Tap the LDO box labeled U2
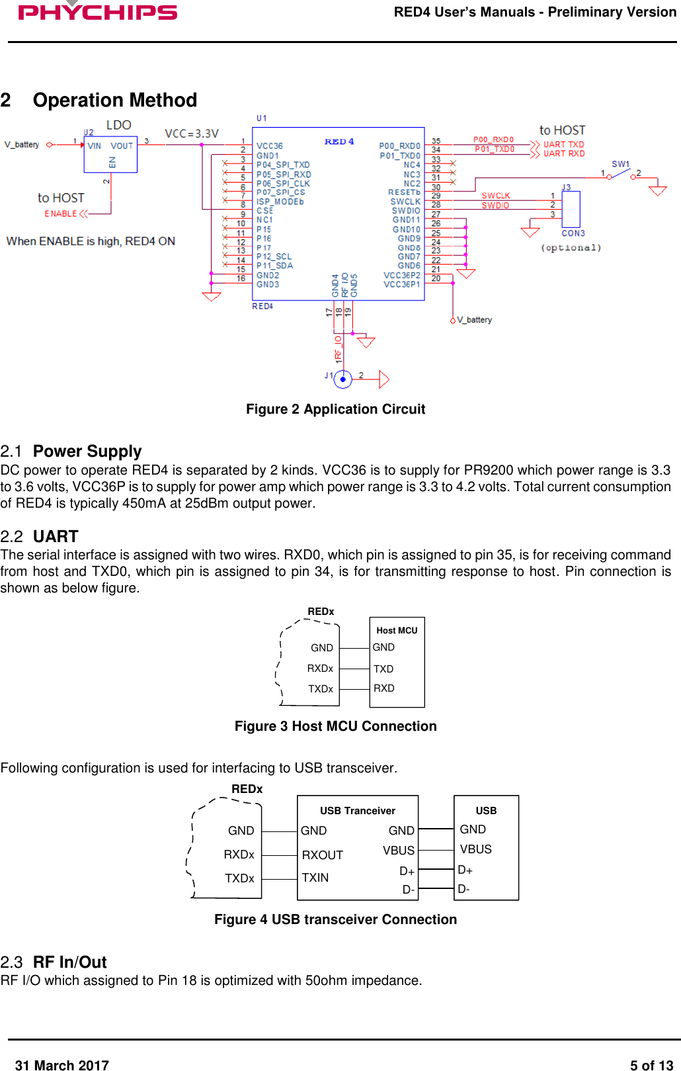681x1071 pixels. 110,154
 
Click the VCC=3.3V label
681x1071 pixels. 191,134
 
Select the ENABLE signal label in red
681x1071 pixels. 61,214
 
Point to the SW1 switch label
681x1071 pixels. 620,164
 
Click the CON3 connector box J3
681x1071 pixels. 571,209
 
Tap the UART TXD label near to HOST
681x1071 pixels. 563,144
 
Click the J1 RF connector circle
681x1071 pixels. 342,379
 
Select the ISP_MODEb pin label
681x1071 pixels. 280,202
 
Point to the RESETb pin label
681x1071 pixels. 404,193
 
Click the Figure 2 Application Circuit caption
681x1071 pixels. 335,409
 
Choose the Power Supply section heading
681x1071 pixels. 87,451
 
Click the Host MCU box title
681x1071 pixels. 397,630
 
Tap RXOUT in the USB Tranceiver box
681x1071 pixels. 322,855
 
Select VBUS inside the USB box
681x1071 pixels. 475,849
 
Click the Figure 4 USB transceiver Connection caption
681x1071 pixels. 335,919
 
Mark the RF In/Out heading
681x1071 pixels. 69,962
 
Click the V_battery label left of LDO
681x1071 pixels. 22,144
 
